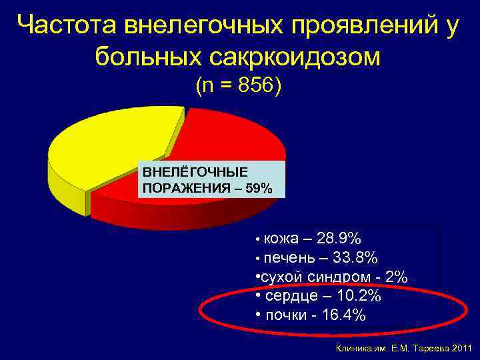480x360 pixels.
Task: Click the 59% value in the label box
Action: point(259,189)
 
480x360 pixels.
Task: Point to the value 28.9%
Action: point(339,239)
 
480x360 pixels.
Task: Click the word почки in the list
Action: point(285,315)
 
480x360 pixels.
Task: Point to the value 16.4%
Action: point(343,315)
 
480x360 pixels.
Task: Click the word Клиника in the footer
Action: point(354,348)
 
